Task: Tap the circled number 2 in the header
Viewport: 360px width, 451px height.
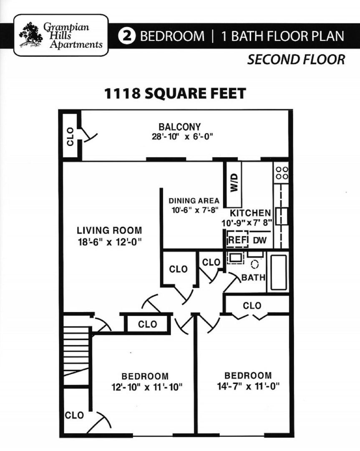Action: [x=128, y=36]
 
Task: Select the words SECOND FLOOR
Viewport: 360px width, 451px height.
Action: [x=296, y=59]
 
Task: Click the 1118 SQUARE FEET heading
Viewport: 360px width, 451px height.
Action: [x=175, y=93]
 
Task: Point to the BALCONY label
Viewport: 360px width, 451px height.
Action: [x=180, y=126]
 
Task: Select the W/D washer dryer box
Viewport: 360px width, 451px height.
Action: [x=234, y=183]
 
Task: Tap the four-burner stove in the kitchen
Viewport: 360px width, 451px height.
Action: [x=282, y=173]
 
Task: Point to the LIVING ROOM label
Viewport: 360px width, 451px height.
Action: [x=109, y=230]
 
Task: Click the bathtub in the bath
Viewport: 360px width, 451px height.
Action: [x=278, y=272]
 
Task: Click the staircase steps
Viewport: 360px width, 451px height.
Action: [x=76, y=355]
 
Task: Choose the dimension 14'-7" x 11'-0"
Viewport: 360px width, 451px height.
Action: [x=248, y=386]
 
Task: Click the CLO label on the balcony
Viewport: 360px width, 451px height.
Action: [x=70, y=136]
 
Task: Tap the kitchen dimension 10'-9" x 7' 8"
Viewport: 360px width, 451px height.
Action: [x=247, y=223]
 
